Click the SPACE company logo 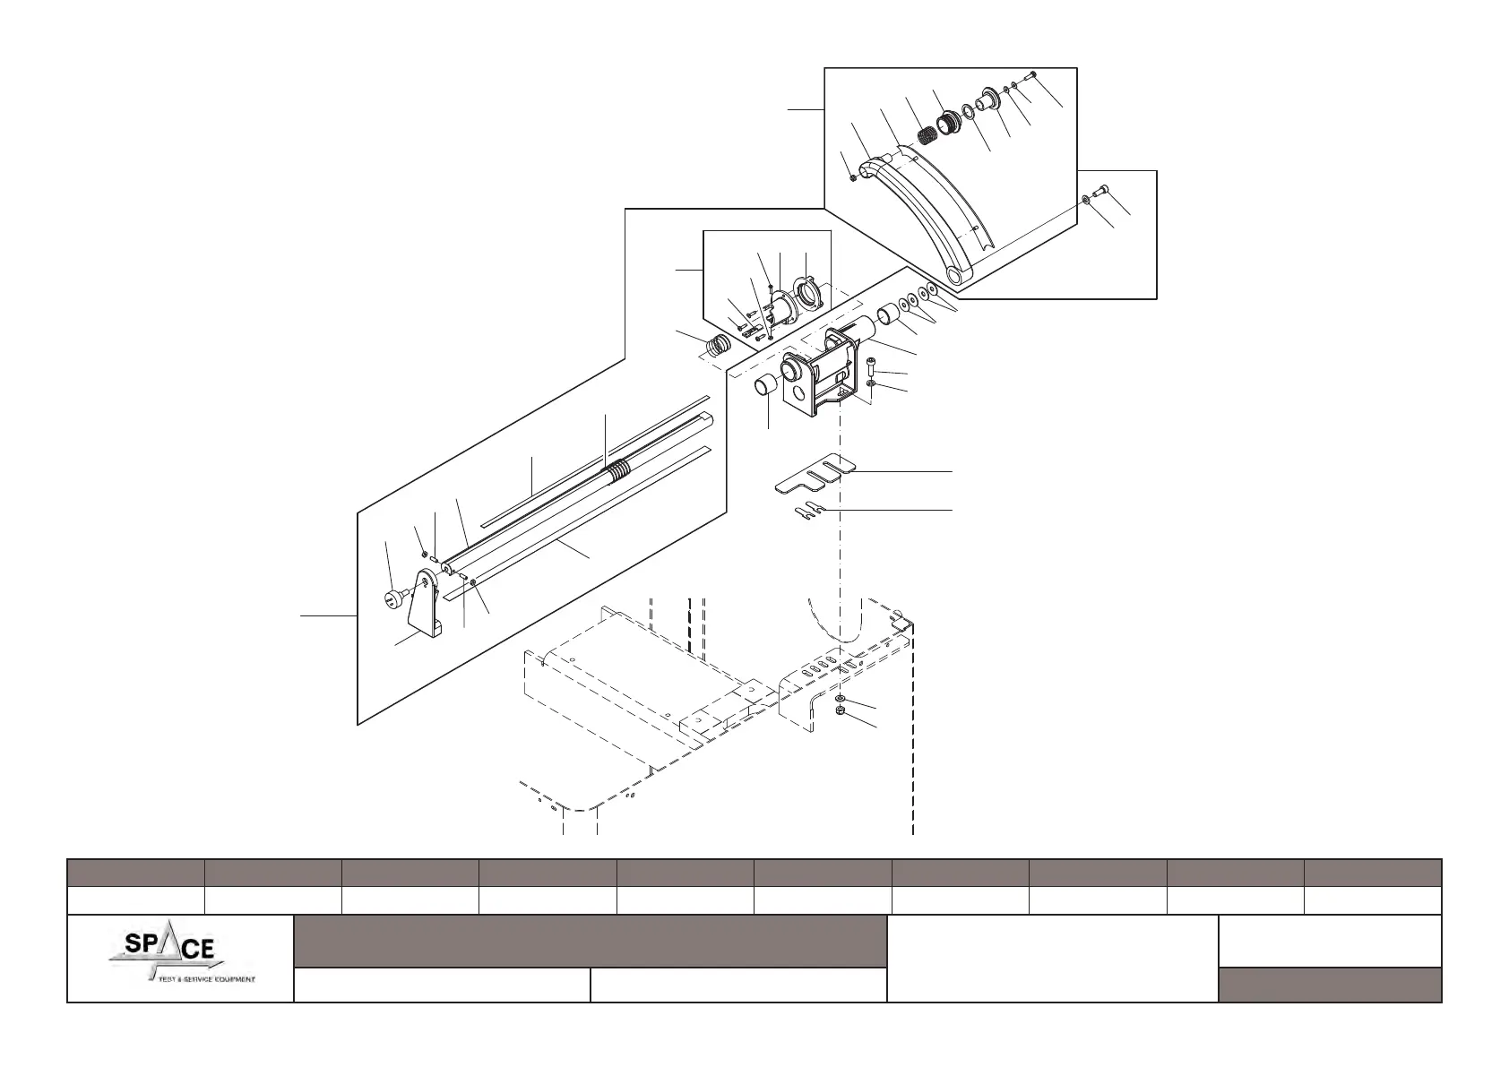pyautogui.click(x=180, y=958)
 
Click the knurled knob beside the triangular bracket pyautogui.click(x=392, y=598)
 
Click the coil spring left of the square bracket pyautogui.click(x=720, y=345)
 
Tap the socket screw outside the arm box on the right pyautogui.click(x=1102, y=189)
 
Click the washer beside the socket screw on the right pyautogui.click(x=1086, y=198)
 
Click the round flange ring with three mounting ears pyautogui.click(x=807, y=294)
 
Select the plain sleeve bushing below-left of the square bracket pyautogui.click(x=764, y=389)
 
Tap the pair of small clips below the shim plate pyautogui.click(x=806, y=512)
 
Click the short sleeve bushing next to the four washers pyautogui.click(x=886, y=314)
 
